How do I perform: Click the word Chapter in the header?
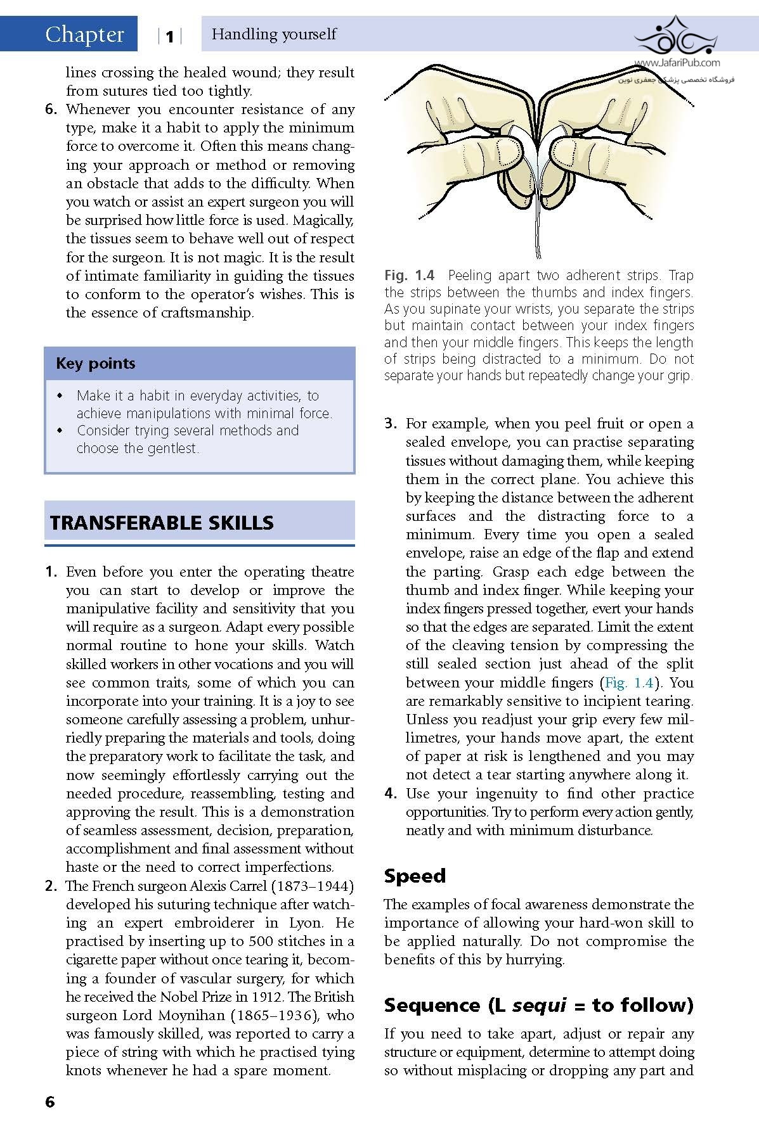pyautogui.click(x=84, y=34)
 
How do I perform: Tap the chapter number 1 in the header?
pyautogui.click(x=169, y=37)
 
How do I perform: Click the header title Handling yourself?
pyautogui.click(x=274, y=34)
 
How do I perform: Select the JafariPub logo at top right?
pyautogui.click(x=677, y=42)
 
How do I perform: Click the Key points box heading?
pyautogui.click(x=95, y=364)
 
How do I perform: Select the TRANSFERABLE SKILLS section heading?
pyautogui.click(x=162, y=523)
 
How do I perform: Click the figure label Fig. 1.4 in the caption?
pyautogui.click(x=409, y=276)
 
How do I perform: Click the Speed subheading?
pyautogui.click(x=415, y=876)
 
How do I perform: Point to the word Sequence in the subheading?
pyautogui.click(x=432, y=1006)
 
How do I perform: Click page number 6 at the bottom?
pyautogui.click(x=50, y=1102)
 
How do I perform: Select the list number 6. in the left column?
pyautogui.click(x=51, y=110)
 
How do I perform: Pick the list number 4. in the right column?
pyautogui.click(x=391, y=794)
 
